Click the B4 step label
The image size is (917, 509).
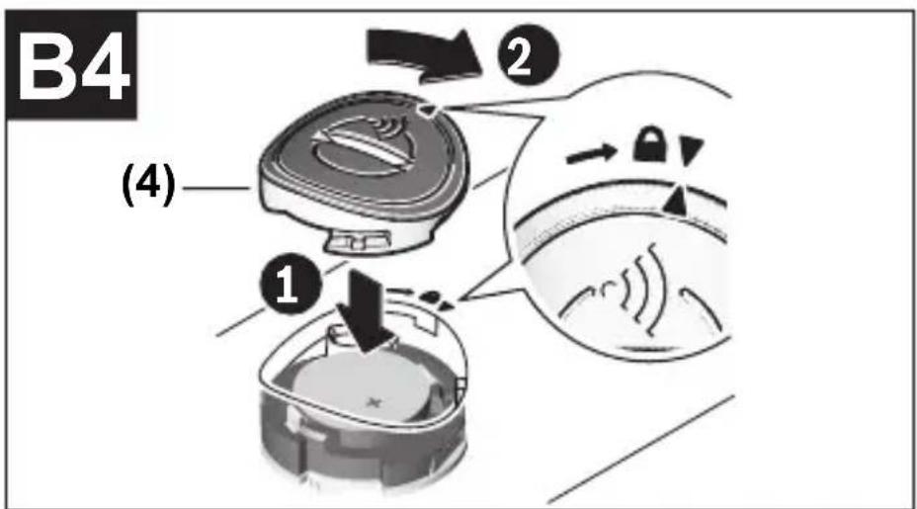pos(71,65)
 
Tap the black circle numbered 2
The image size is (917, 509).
pos(528,55)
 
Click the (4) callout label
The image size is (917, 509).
pos(148,187)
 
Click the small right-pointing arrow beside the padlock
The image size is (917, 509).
pos(592,153)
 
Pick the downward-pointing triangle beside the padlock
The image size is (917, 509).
pos(692,151)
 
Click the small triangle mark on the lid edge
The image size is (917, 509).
pos(429,110)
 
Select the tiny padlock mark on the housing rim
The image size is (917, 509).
pos(430,297)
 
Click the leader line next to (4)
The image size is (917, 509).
pos(215,188)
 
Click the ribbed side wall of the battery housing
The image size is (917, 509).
pos(363,457)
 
